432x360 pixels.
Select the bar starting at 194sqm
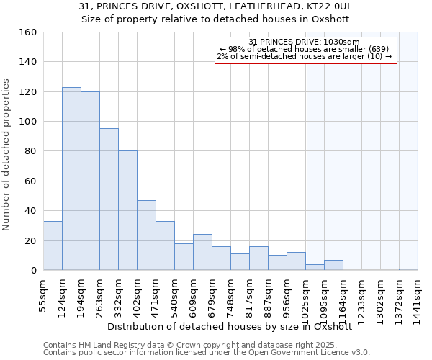[90, 181]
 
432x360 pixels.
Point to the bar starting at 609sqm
[202, 252]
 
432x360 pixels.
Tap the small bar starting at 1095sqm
[333, 265]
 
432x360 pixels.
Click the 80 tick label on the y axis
[30, 151]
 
